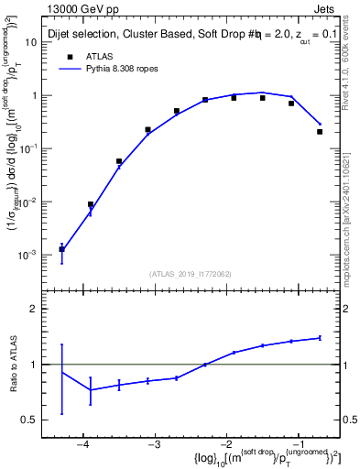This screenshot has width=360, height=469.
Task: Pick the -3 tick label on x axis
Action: pos(154,444)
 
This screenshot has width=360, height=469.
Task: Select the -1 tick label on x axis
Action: pos(297,444)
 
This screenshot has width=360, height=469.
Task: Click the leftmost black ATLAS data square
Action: pos(61,248)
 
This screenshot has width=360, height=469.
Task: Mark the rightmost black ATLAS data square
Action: pos(320,132)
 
